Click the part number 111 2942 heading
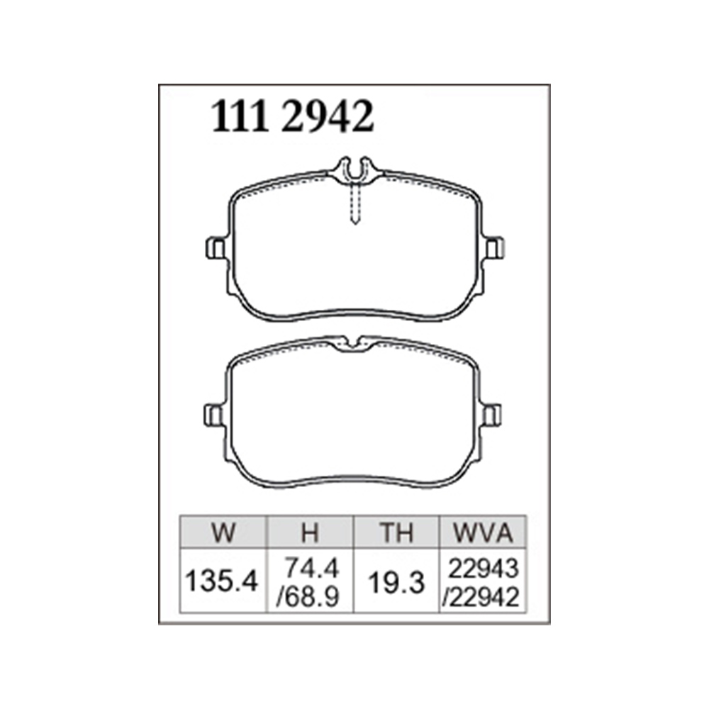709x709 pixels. tap(293, 117)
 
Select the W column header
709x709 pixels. tap(223, 533)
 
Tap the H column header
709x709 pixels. tap(311, 533)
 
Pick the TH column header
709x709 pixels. tap(396, 533)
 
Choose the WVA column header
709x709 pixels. tap(483, 533)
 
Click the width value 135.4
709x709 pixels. tap(221, 581)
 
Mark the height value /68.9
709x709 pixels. tap(308, 597)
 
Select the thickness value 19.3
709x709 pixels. tap(396, 582)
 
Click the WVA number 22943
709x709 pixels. tap(483, 569)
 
